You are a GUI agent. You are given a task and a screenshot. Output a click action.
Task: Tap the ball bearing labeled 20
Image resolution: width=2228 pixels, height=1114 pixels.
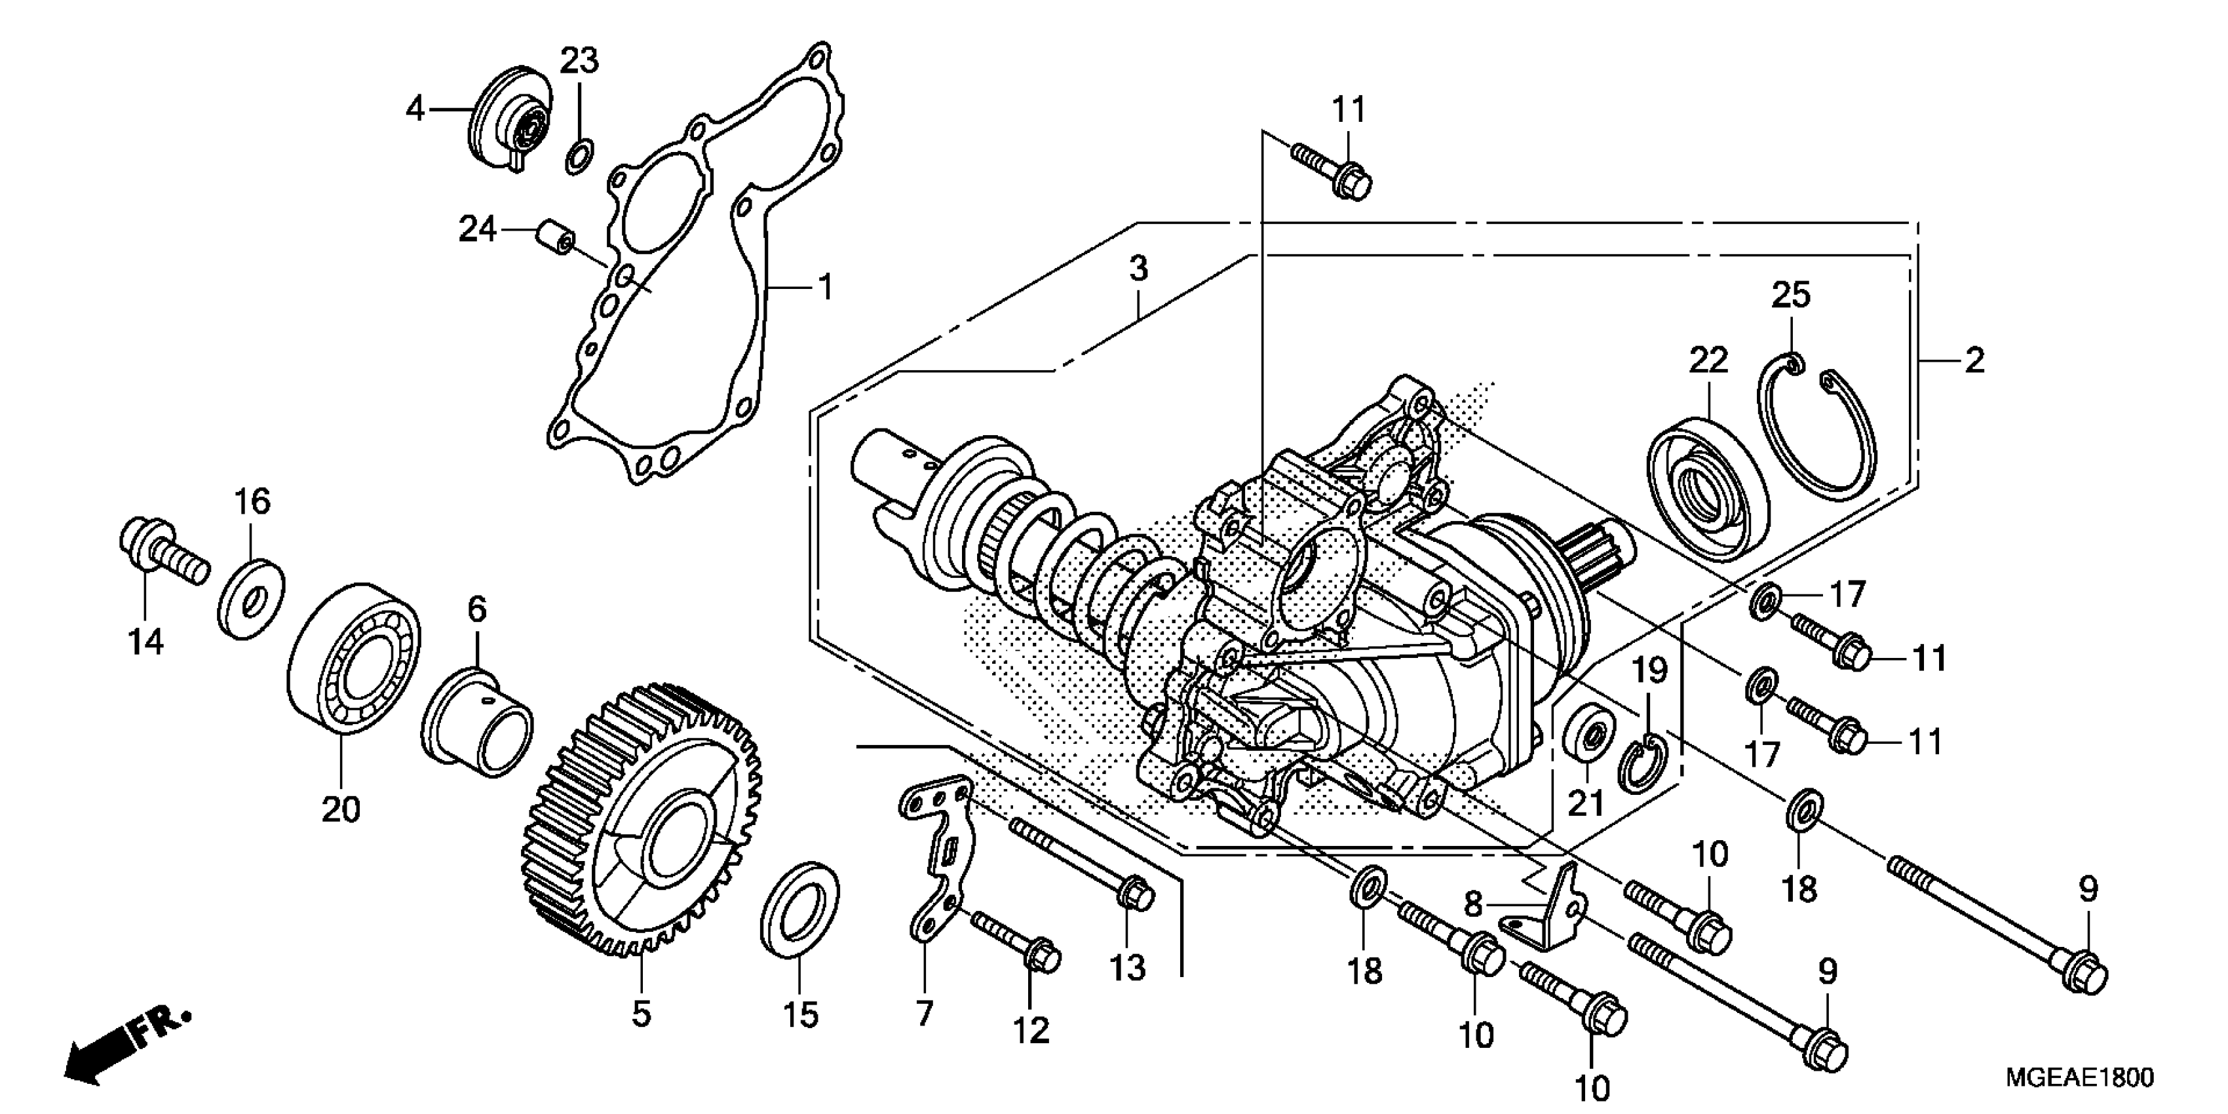pos(354,658)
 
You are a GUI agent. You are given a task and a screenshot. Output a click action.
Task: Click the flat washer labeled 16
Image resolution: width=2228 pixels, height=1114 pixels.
pos(251,597)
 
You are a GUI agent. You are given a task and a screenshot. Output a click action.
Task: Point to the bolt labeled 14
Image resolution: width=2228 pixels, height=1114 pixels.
pos(163,554)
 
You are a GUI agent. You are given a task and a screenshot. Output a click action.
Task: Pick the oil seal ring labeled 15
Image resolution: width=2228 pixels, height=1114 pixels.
pos(799,908)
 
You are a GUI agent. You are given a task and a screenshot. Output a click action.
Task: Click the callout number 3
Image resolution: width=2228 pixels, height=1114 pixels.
pos(1138,269)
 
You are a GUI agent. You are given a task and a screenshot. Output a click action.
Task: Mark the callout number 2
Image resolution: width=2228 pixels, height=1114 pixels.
pos(1974,360)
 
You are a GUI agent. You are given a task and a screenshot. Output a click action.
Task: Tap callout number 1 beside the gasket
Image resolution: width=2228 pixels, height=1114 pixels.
pos(825,286)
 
